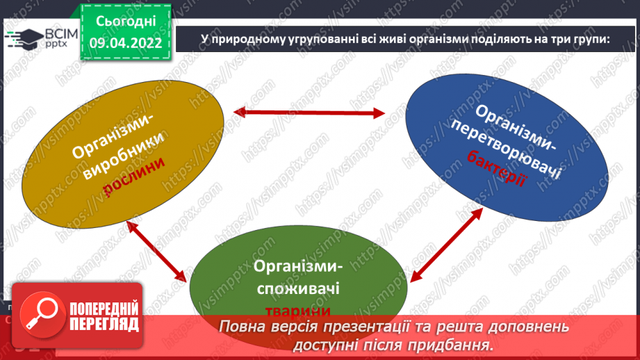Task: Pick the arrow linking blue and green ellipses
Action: (x=447, y=244)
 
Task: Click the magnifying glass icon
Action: (x=39, y=314)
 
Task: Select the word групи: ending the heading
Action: (x=587, y=40)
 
